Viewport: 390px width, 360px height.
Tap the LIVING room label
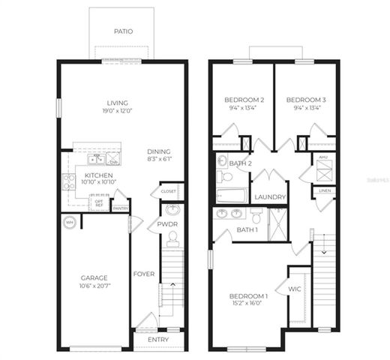[x=118, y=103]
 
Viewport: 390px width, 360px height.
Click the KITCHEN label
[x=77, y=176]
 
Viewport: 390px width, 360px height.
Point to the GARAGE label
[x=94, y=277]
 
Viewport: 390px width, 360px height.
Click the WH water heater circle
[x=69, y=222]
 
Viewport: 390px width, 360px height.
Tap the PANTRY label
[x=120, y=208]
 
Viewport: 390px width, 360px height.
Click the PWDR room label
[x=166, y=223]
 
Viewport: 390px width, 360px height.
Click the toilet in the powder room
[x=172, y=239]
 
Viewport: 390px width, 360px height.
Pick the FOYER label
[x=144, y=274]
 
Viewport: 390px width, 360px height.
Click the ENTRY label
[x=157, y=340]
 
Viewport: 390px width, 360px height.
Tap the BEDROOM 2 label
[x=244, y=100]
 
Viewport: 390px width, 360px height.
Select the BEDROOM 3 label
[x=305, y=100]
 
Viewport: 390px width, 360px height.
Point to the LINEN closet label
[x=323, y=191]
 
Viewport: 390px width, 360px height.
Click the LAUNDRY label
[x=269, y=197]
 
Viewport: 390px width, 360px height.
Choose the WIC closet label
[x=295, y=287]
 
